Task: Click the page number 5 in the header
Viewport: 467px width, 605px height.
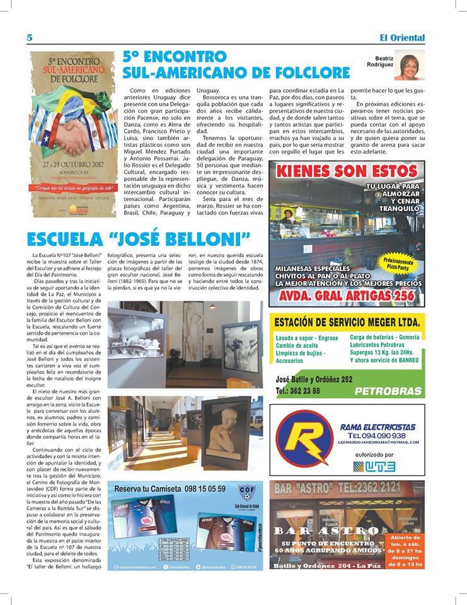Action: pos(30,38)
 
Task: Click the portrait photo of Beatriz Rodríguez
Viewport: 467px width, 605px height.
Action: pos(409,66)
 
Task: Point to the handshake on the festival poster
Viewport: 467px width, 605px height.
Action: pos(73,135)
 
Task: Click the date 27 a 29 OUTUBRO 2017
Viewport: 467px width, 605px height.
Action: pos(73,164)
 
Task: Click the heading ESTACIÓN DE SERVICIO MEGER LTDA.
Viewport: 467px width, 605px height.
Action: pos(347,323)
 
